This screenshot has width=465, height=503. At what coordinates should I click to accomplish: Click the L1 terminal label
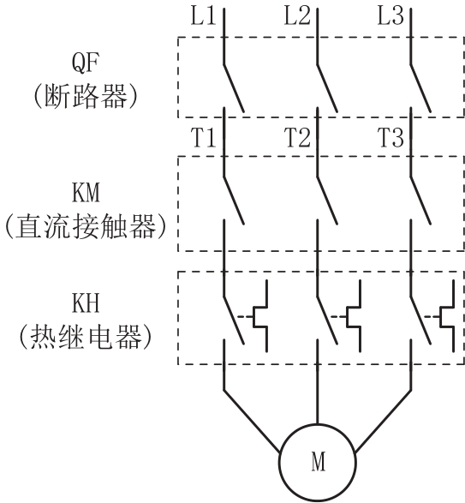pyautogui.click(x=203, y=16)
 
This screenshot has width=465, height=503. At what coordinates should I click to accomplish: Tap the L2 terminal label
pyautogui.click(x=297, y=16)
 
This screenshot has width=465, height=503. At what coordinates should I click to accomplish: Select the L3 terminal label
pyautogui.click(x=390, y=16)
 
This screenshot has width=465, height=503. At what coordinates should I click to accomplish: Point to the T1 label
pyautogui.click(x=203, y=138)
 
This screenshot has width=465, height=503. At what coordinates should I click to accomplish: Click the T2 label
pyautogui.click(x=297, y=138)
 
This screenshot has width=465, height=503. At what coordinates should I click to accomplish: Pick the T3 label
pyautogui.click(x=390, y=138)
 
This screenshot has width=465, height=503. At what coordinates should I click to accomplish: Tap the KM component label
pyautogui.click(x=86, y=193)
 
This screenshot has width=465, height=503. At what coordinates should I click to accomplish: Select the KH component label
pyautogui.click(x=86, y=303)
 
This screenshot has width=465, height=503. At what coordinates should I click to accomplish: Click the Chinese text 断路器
pyautogui.click(x=86, y=97)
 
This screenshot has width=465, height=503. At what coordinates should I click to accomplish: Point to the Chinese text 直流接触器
pyautogui.click(x=86, y=226)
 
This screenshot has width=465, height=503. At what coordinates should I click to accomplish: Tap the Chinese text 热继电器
pyautogui.click(x=86, y=337)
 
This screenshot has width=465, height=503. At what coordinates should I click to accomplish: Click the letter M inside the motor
pyautogui.click(x=318, y=461)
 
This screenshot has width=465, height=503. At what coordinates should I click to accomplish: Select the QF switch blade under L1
pyautogui.click(x=234, y=88)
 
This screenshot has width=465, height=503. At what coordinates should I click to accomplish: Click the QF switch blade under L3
pyautogui.click(x=420, y=88)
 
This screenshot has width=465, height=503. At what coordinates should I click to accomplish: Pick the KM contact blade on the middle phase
pyautogui.click(x=327, y=201)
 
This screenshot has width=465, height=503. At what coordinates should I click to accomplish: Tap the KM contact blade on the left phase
pyautogui.click(x=234, y=201)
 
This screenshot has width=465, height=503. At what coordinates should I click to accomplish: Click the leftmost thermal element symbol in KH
pyautogui.click(x=259, y=316)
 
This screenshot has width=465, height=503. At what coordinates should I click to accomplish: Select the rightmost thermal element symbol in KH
pyautogui.click(x=447, y=316)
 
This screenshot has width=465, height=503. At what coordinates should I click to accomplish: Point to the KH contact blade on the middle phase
pyautogui.click(x=327, y=320)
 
